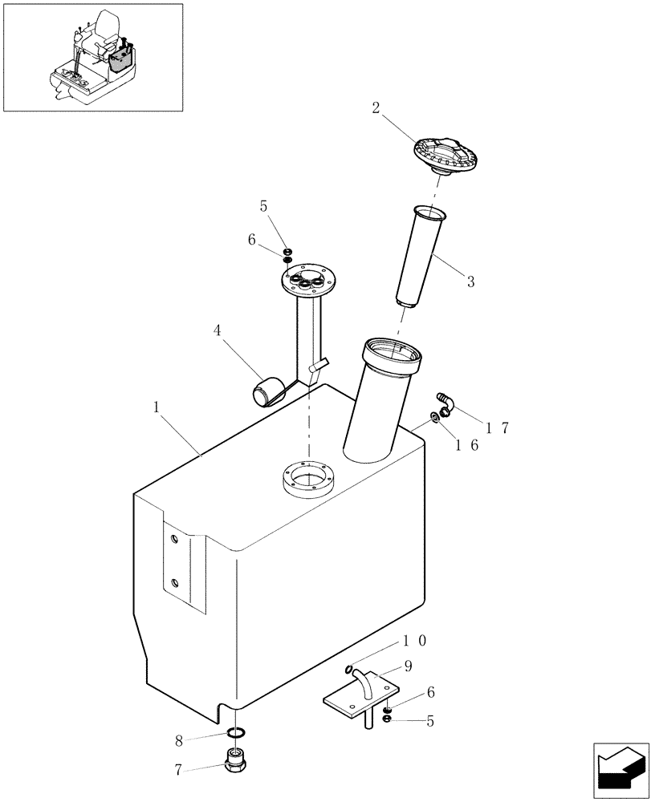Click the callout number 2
[x=375, y=109]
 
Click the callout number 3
[x=471, y=282]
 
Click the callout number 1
[x=158, y=407]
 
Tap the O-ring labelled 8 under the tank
[x=236, y=732]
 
